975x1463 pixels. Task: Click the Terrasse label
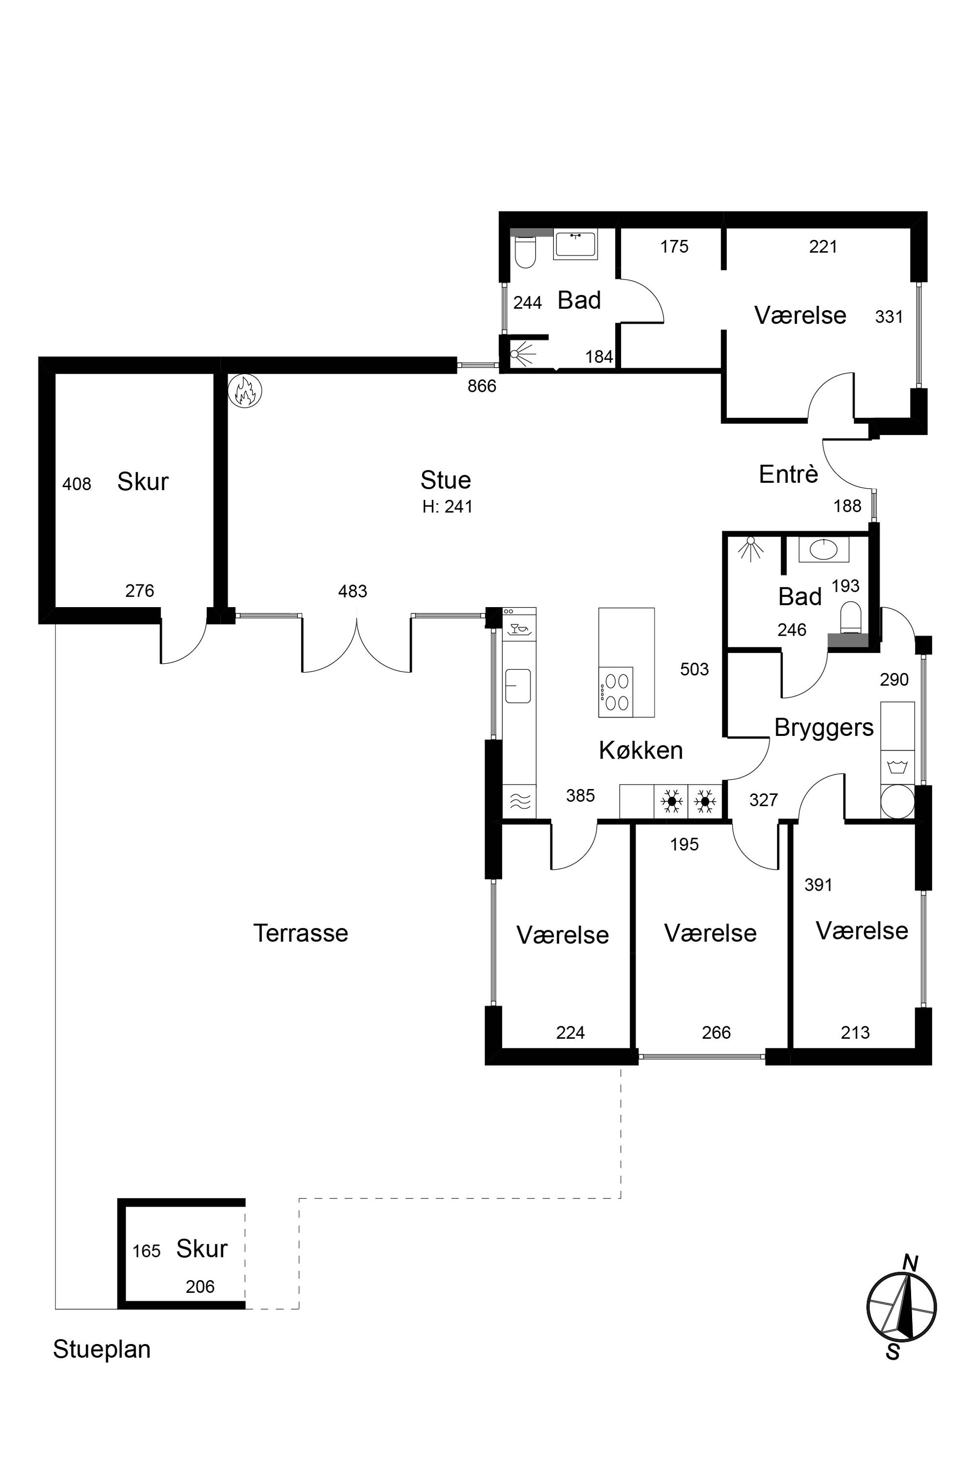[x=300, y=933]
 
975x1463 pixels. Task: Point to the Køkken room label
[x=640, y=750]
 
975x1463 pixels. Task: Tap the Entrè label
[x=788, y=474]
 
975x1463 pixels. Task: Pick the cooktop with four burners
[x=616, y=692]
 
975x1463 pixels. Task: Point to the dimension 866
[x=482, y=386]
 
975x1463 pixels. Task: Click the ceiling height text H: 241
[x=447, y=507]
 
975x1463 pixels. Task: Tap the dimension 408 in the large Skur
[x=77, y=484]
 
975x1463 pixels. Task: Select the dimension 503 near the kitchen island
[x=694, y=669]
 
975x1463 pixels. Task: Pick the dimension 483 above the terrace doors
[x=352, y=591]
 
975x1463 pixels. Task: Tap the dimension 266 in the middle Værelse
[x=717, y=1032]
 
